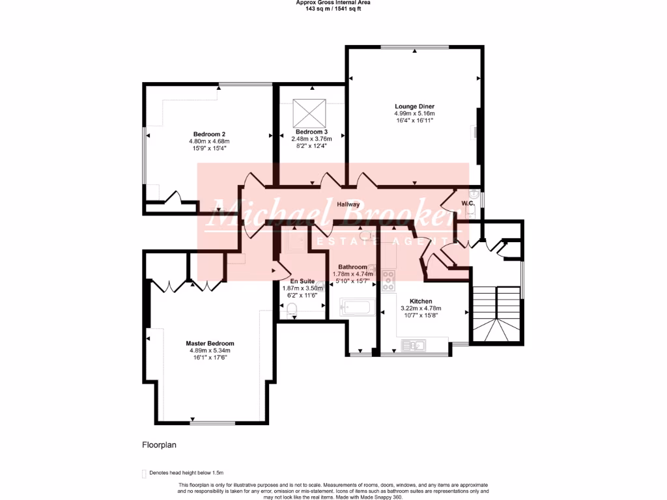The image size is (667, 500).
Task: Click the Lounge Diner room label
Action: pos(414,106)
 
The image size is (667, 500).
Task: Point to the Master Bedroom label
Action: pos(210,343)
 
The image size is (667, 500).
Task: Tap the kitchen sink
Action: pos(413,345)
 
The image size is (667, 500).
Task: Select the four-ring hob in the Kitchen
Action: pos(388,281)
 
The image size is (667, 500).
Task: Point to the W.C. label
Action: pos(467,203)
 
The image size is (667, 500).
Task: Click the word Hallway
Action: pos(348,204)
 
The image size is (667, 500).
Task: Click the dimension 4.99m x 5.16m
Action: pos(414,113)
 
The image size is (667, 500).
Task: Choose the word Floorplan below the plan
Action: pos(160,445)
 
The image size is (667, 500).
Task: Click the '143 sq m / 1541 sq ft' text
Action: pos(333,8)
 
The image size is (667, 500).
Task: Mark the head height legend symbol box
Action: pos(144,473)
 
